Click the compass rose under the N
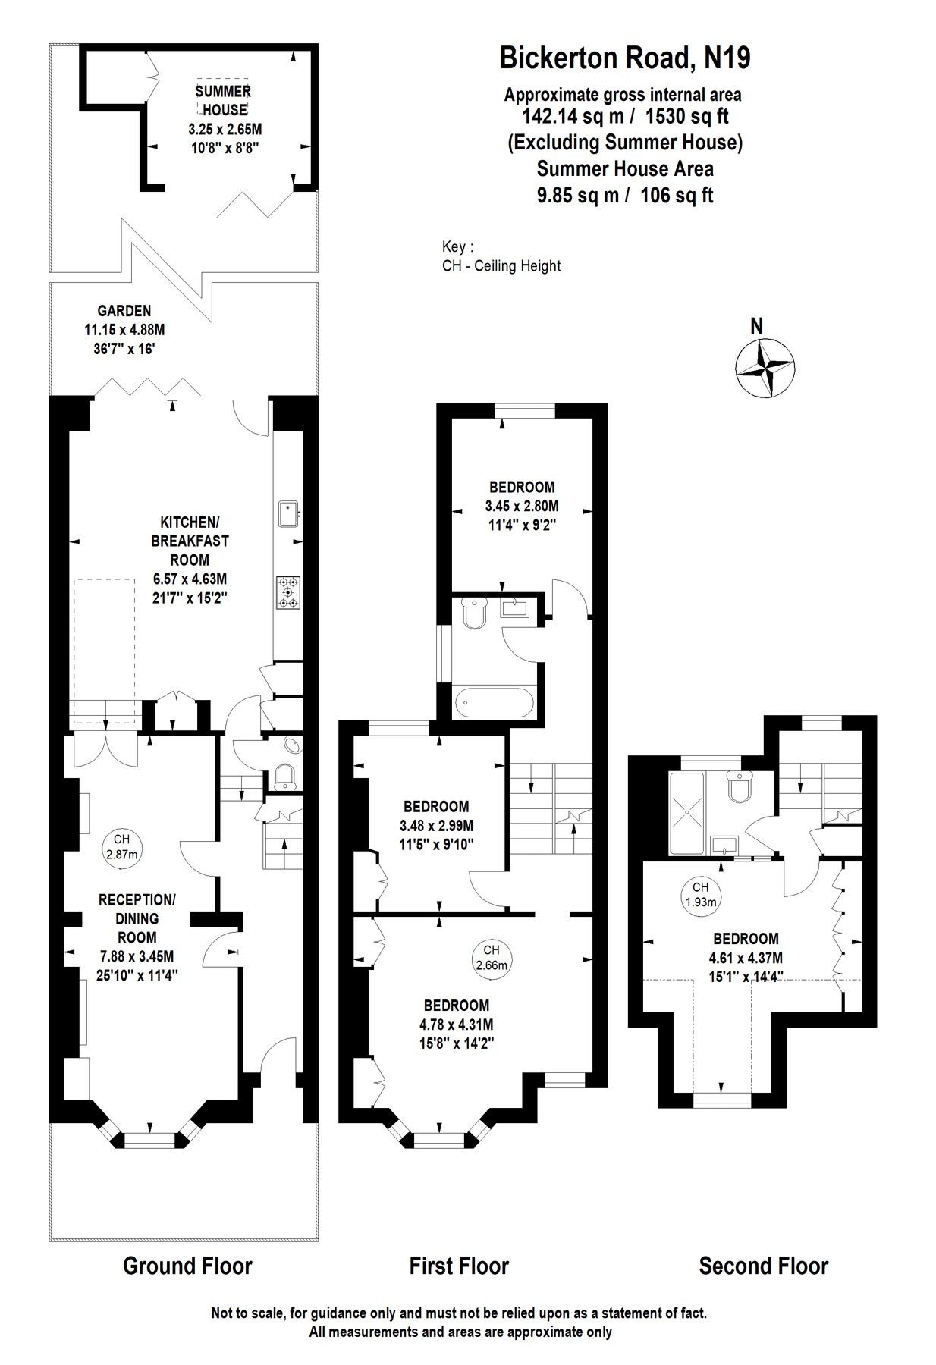point(765,369)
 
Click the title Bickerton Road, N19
point(624,58)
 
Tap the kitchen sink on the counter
point(288,513)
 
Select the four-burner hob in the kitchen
point(288,592)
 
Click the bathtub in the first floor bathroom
point(495,703)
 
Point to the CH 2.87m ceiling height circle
point(121,847)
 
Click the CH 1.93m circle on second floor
point(700,894)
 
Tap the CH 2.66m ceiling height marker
point(492,958)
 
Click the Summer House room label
point(224,100)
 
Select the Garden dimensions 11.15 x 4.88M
point(124,330)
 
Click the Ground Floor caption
point(187,1266)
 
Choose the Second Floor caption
point(763,1266)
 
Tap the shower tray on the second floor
point(686,812)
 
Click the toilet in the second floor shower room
point(739,787)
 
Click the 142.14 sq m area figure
point(573,116)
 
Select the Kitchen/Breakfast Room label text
point(190,541)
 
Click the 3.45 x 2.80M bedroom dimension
point(522,506)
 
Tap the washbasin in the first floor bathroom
point(515,607)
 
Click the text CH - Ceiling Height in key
point(501,266)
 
